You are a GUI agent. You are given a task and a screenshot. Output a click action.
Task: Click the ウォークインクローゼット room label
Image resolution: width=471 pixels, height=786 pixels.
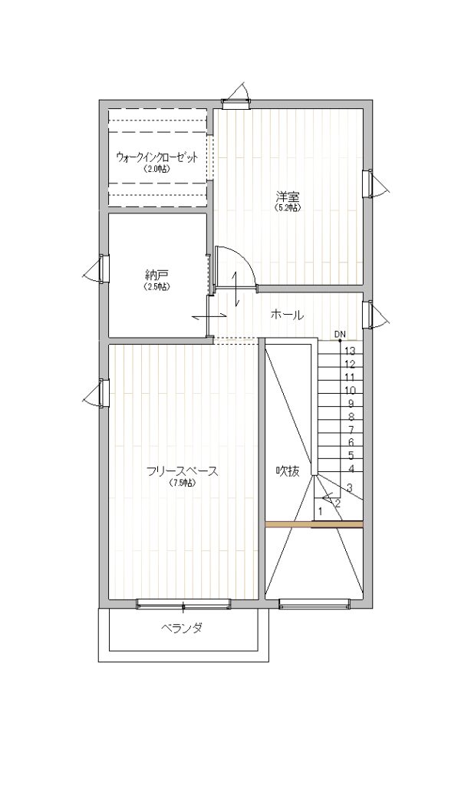(156, 157)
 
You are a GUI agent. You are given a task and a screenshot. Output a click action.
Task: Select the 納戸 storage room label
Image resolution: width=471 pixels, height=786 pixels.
(156, 275)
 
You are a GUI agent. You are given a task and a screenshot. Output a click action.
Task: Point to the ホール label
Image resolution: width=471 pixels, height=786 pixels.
(287, 315)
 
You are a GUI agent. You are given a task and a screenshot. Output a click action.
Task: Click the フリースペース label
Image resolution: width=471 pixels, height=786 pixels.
(183, 472)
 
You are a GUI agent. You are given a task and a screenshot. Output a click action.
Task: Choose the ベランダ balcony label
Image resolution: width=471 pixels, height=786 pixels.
(182, 628)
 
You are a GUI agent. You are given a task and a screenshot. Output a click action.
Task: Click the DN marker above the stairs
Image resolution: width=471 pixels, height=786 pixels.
(340, 334)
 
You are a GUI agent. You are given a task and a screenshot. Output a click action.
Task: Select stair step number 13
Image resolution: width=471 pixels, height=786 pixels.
(351, 351)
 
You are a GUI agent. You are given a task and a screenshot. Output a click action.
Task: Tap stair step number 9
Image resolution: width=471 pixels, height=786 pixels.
(351, 404)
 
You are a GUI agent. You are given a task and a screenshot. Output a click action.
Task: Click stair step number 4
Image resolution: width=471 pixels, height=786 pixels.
(351, 469)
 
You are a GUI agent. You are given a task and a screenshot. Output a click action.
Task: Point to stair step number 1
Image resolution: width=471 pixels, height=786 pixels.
(320, 512)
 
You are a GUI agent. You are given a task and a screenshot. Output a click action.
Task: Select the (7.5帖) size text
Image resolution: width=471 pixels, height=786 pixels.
(182, 484)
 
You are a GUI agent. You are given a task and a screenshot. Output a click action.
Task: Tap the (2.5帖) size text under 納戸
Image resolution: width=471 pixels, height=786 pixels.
(156, 287)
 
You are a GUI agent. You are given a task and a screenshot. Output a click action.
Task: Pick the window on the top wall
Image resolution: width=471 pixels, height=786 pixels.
(236, 104)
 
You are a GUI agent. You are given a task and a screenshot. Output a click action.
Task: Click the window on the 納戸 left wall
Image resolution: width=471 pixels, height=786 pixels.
(104, 269)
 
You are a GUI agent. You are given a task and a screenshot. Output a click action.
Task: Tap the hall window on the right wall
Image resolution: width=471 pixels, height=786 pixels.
(368, 314)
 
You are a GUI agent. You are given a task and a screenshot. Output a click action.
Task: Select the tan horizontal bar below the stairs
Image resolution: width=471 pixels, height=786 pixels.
(314, 524)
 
